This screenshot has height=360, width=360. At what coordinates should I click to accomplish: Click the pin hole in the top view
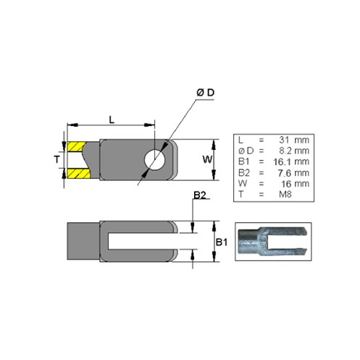[x=154, y=159]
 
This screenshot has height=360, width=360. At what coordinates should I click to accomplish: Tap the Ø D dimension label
[x=205, y=93]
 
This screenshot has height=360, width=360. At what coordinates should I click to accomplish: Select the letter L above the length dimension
[x=112, y=120]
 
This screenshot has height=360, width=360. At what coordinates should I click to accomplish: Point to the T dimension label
[x=56, y=159]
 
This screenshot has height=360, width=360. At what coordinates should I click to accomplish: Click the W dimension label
[x=207, y=159]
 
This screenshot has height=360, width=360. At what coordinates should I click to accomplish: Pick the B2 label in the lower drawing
[x=200, y=195]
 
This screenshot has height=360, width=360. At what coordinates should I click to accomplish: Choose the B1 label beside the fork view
[x=222, y=242]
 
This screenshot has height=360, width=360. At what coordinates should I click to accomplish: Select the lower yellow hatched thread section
[x=78, y=174]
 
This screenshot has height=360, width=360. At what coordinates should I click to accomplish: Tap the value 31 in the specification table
[x=284, y=140]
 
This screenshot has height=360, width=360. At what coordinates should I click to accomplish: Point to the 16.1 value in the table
[x=282, y=162]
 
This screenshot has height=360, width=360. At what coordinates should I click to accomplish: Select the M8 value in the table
[x=285, y=194]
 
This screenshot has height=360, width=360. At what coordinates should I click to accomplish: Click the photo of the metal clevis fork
[x=273, y=241]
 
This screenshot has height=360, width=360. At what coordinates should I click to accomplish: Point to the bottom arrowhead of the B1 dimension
[x=214, y=256]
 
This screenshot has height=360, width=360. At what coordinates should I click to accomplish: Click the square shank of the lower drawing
[x=83, y=241]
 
